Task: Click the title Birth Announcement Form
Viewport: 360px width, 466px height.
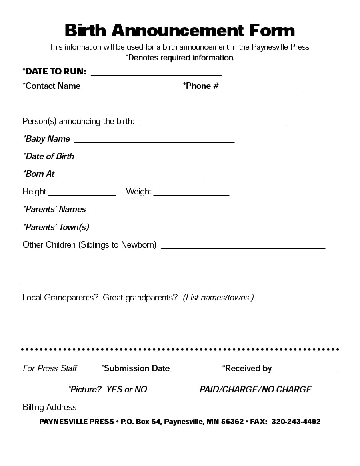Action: [x=180, y=30]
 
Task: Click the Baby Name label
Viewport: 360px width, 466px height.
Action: [x=47, y=139]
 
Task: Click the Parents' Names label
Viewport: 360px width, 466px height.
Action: [x=54, y=209]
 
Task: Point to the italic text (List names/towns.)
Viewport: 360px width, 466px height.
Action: [x=218, y=298]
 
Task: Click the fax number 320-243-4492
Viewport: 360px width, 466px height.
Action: [x=296, y=422]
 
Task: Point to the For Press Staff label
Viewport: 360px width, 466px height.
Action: [x=50, y=368]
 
